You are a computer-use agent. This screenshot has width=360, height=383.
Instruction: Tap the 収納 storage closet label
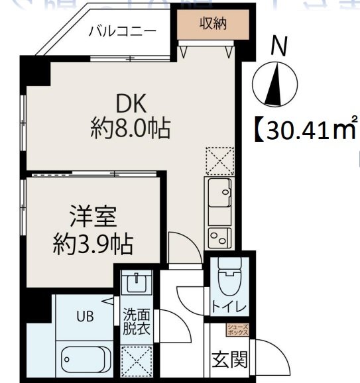tap(213, 24)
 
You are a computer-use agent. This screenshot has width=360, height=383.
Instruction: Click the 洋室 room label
tap(93, 217)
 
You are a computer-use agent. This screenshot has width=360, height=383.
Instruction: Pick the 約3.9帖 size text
tap(93, 246)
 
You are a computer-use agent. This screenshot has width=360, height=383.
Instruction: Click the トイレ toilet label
tap(229, 307)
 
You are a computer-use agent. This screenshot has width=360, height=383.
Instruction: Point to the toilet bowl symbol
tap(231, 277)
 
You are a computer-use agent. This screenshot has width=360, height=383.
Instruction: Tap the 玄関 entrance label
tap(230, 360)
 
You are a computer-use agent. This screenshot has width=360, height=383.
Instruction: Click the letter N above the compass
tap(279, 46)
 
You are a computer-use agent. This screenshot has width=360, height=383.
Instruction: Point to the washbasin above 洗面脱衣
tap(137, 284)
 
